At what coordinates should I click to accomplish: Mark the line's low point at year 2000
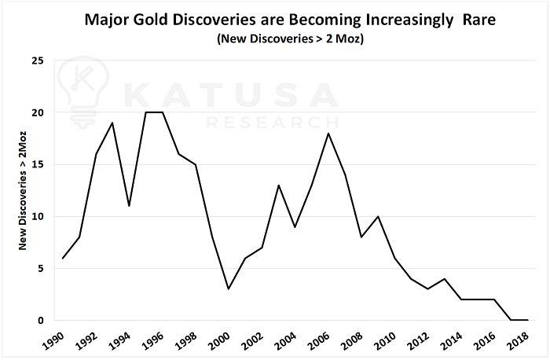(x=229, y=289)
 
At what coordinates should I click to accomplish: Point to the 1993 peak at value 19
(x=112, y=123)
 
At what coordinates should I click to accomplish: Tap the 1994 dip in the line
(x=129, y=206)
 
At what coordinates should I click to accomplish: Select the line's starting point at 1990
(x=63, y=258)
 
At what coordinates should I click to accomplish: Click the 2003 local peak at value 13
(x=278, y=186)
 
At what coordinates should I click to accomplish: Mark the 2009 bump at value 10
(x=377, y=216)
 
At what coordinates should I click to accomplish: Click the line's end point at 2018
(x=526, y=320)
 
